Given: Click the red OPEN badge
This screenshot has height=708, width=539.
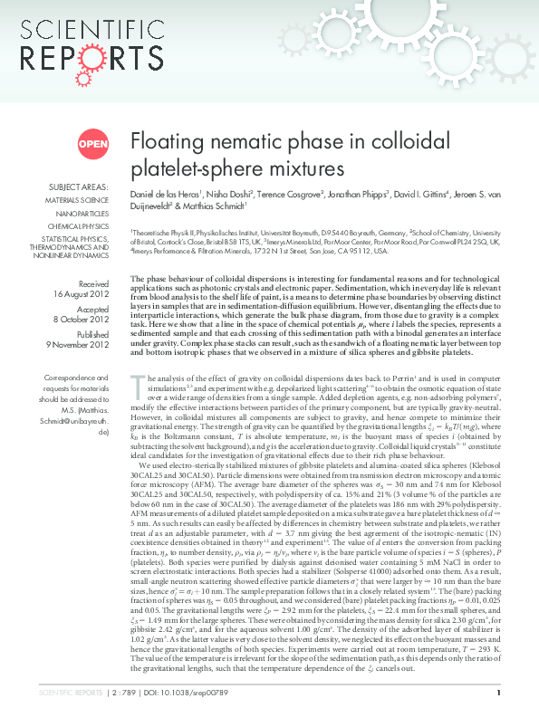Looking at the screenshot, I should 92,143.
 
